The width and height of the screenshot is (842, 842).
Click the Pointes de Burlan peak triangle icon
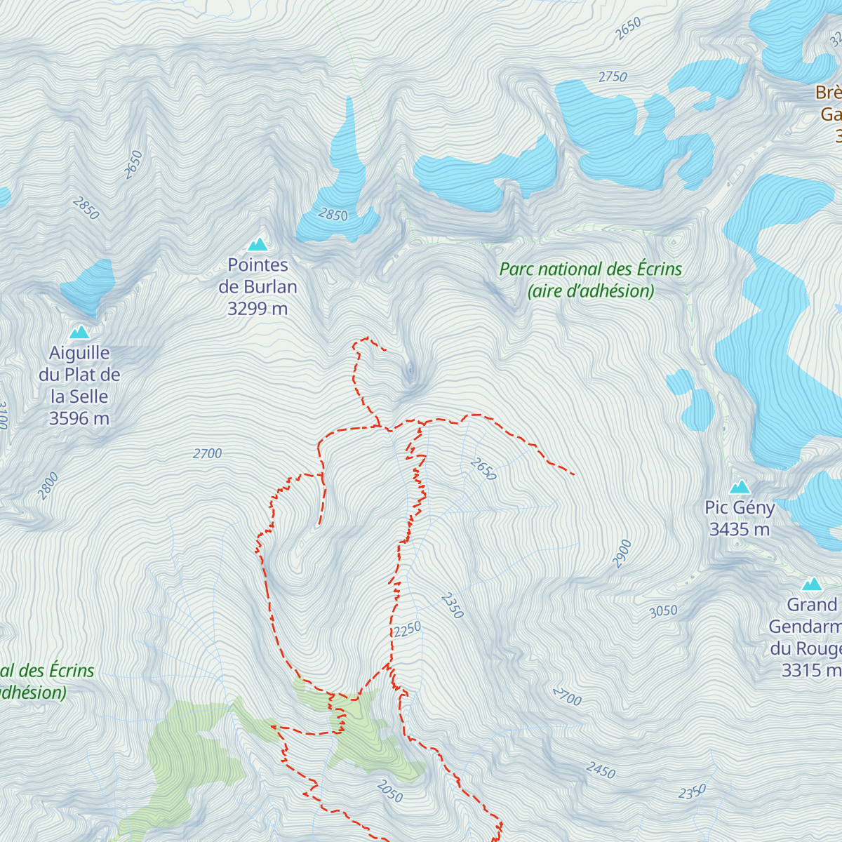[258, 244]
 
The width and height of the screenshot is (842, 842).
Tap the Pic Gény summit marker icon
[740, 487]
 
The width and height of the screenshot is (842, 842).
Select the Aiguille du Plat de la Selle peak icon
[79, 332]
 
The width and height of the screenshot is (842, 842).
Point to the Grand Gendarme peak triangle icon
[812, 584]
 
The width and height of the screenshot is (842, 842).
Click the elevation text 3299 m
[258, 309]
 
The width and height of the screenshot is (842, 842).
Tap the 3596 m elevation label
[79, 419]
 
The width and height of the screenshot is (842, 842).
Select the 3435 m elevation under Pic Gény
[740, 529]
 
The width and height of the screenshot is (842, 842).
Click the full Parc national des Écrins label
[590, 279]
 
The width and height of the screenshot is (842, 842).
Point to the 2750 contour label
[613, 76]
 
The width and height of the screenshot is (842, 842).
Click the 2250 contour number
[407, 629]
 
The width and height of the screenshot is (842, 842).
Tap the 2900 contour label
[622, 554]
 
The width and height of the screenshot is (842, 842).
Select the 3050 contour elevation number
[663, 611]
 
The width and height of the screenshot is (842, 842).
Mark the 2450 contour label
[601, 770]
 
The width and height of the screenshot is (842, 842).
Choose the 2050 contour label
[390, 791]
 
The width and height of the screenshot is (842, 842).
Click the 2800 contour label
[48, 486]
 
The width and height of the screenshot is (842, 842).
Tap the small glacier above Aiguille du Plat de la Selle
[88, 286]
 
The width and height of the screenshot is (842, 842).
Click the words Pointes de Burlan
[258, 276]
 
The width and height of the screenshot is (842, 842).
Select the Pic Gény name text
[740, 507]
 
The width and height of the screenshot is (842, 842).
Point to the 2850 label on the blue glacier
[333, 214]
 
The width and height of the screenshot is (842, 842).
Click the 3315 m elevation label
[811, 670]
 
